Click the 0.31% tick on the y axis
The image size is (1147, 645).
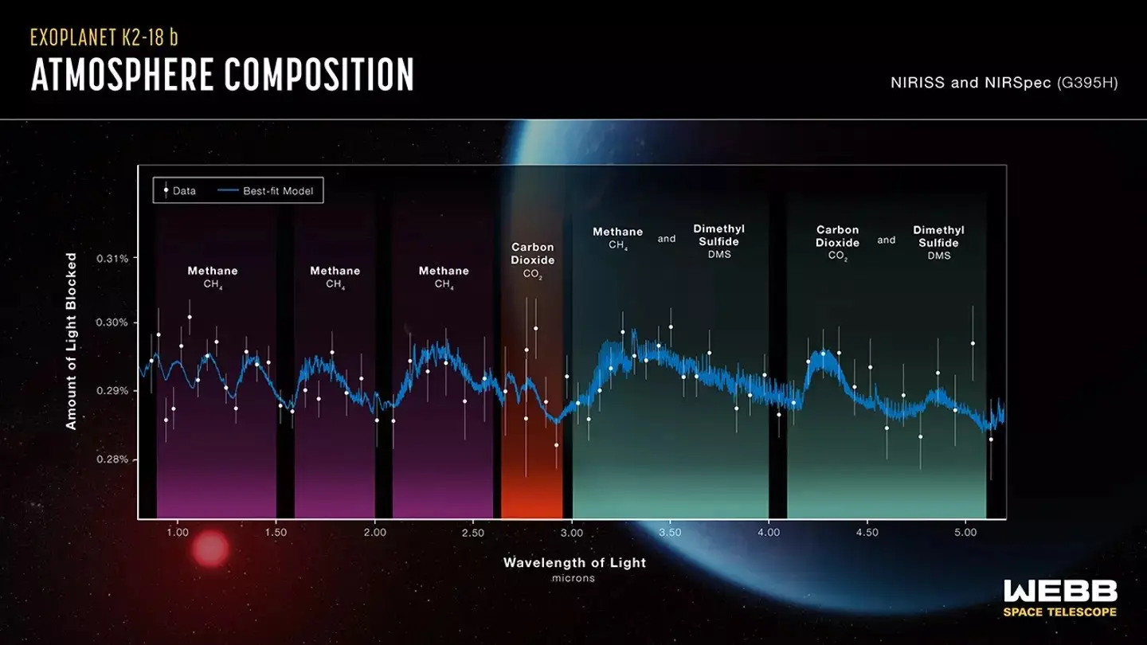[112, 259]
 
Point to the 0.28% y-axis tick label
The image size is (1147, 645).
[112, 459]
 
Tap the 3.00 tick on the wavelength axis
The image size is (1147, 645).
[572, 533]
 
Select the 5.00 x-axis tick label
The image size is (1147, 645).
[965, 533]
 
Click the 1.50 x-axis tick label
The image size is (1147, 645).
[276, 533]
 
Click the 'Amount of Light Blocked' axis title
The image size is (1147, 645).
[72, 341]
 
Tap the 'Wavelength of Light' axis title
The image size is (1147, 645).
[574, 562]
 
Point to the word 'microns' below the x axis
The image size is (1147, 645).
[573, 578]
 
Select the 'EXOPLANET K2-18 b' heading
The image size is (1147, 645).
[110, 37]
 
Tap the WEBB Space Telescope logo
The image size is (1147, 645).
[1059, 597]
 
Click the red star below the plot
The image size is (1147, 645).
[210, 549]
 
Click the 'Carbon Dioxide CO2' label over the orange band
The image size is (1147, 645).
[532, 260]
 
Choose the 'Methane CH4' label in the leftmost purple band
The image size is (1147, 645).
[212, 276]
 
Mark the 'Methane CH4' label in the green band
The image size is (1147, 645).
[617, 237]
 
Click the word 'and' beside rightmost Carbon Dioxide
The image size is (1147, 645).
[887, 240]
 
